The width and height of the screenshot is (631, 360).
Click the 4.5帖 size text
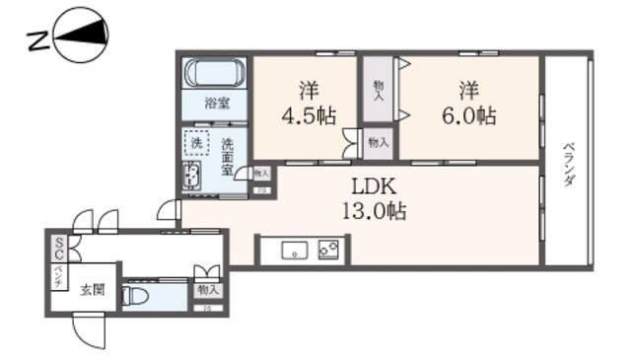(307, 115)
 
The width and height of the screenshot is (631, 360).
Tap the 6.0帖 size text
(468, 115)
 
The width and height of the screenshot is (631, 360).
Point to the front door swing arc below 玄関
(92, 332)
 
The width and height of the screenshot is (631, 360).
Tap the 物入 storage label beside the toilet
(207, 290)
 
